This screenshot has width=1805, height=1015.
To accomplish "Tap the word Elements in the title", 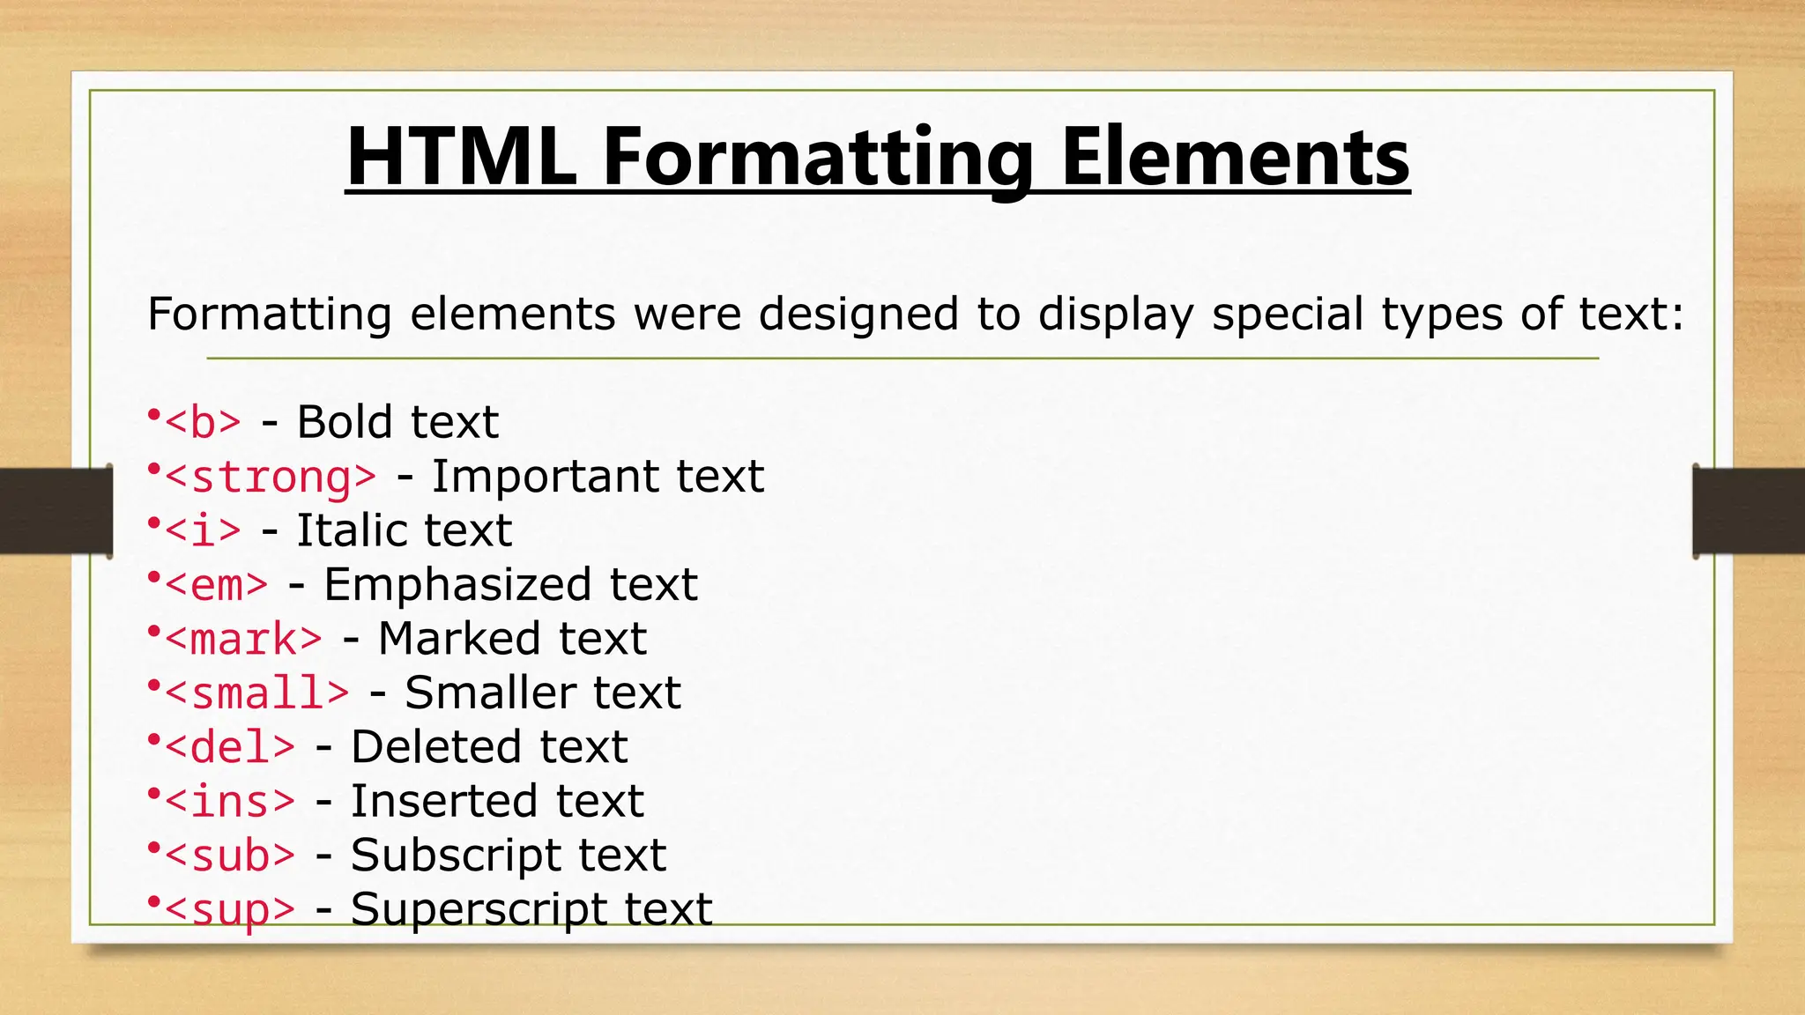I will (1234, 159).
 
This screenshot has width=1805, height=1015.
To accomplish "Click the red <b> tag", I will (203, 423).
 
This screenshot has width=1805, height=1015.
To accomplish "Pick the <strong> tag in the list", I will (271, 478).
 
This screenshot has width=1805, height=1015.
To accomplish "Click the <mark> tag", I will (243, 640).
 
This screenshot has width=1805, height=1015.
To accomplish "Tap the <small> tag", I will (256, 693).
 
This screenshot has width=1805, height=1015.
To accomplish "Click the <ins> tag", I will (230, 802).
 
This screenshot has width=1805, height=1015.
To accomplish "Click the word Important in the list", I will (545, 477).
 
